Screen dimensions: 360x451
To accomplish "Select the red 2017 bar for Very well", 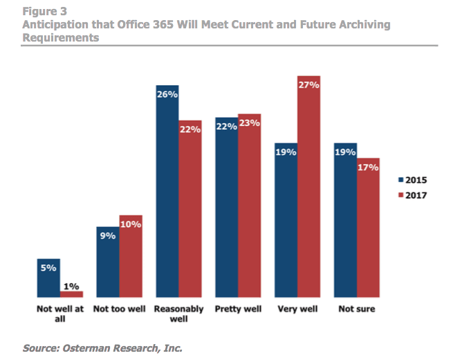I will [x=309, y=187].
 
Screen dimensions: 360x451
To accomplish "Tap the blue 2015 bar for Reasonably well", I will [x=167, y=195].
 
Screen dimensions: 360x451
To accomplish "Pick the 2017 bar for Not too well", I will [x=131, y=257].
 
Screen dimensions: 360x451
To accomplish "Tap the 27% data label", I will [x=309, y=85].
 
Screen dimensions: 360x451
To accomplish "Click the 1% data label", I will [x=71, y=286].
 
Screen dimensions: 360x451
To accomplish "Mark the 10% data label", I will [x=131, y=225].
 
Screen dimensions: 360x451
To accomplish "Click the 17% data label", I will [x=368, y=168].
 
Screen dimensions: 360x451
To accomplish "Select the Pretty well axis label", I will [x=237, y=309].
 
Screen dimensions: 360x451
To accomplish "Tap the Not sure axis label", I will [x=356, y=309].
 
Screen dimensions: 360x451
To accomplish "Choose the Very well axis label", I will [x=297, y=309].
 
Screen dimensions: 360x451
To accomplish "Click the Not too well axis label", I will [x=119, y=309].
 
